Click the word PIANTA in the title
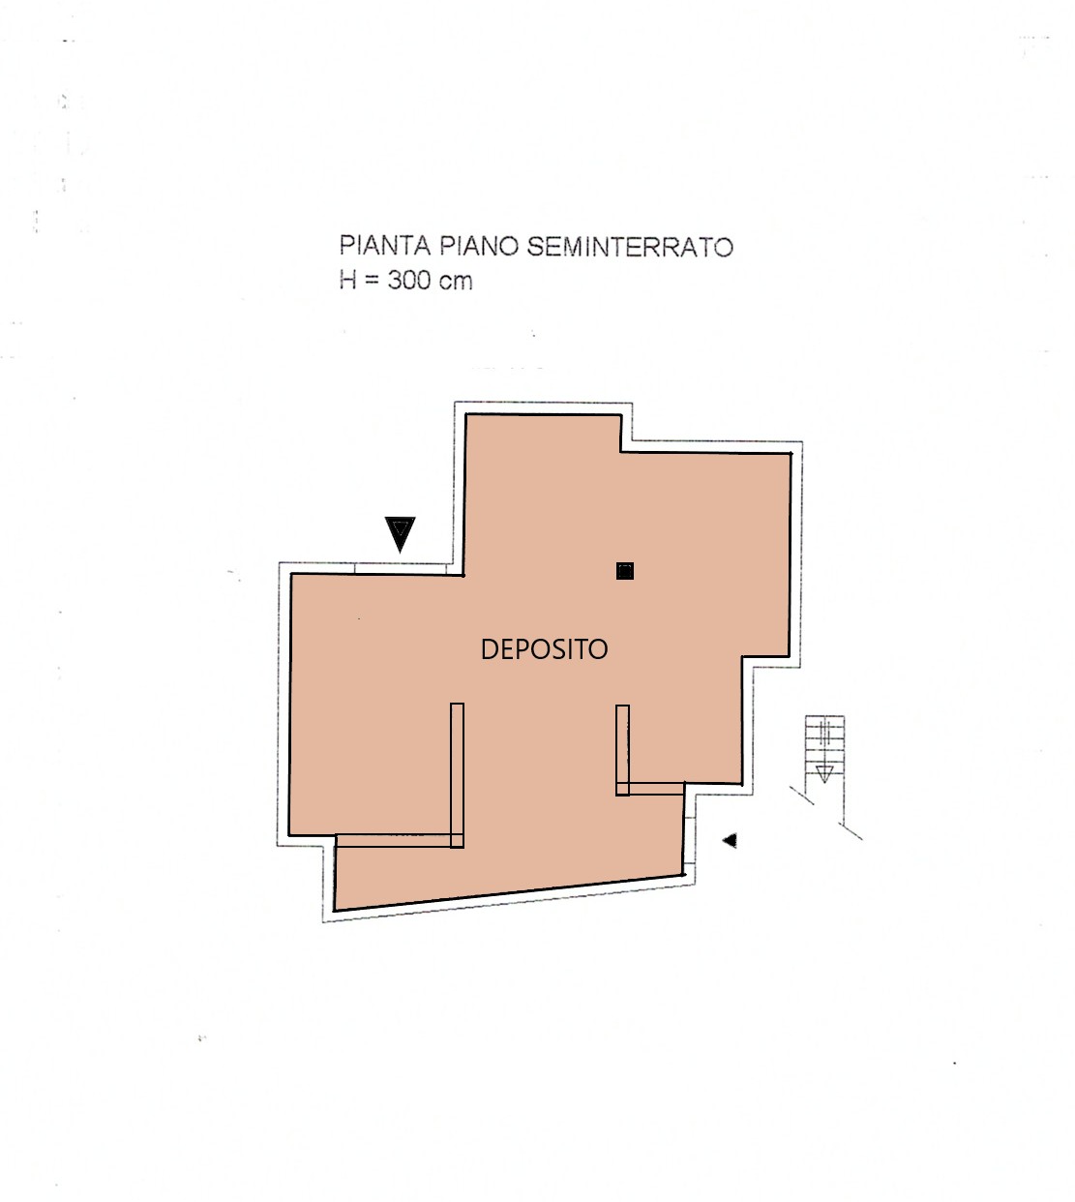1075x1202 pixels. [x=385, y=246]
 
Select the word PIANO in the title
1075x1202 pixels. [x=479, y=246]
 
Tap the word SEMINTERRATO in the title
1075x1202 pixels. [x=630, y=246]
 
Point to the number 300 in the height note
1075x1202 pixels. [x=409, y=280]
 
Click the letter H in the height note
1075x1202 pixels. [x=347, y=280]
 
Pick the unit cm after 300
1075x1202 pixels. [x=456, y=282]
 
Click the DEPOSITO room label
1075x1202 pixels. [x=544, y=649]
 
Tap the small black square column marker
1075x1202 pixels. [x=625, y=571]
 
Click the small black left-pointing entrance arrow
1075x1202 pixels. [x=730, y=840]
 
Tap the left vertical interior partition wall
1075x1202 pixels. [x=457, y=775]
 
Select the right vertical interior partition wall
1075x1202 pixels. [x=622, y=750]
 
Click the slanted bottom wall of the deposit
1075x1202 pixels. [x=508, y=892]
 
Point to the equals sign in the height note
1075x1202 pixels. [x=372, y=280]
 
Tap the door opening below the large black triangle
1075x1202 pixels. [x=401, y=568]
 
